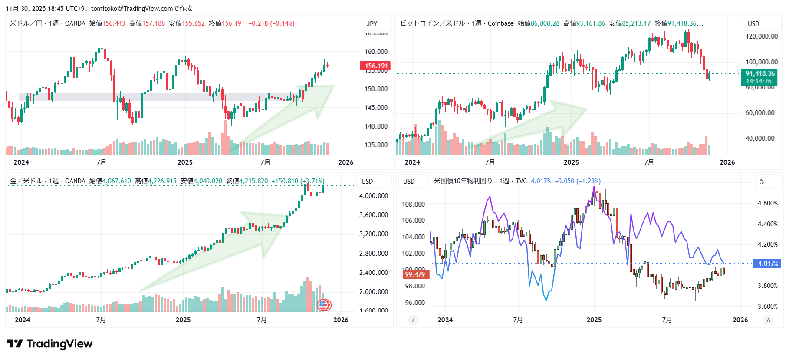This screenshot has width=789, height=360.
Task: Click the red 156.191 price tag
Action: click(x=375, y=66)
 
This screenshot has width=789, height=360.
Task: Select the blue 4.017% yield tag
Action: click(x=768, y=264)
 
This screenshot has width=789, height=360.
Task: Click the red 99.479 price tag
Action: click(x=414, y=274)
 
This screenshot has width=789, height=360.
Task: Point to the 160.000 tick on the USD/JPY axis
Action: click(x=376, y=51)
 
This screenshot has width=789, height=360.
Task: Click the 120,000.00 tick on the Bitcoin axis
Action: click(x=762, y=36)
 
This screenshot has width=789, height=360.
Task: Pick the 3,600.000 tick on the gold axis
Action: click(x=373, y=215)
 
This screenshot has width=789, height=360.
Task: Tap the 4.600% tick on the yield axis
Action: click(x=767, y=203)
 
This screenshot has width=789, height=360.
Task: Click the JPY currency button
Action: click(x=372, y=24)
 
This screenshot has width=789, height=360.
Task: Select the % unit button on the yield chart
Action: click(x=762, y=182)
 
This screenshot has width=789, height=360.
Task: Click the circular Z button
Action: click(x=413, y=320)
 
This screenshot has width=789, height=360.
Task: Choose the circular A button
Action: click(x=768, y=320)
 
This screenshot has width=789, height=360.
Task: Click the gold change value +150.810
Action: click(x=285, y=181)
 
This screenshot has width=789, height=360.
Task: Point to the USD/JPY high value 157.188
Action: click(x=154, y=23)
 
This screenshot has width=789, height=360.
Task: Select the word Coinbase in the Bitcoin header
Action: click(x=500, y=23)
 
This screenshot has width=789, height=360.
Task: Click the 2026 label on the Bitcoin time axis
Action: click(x=727, y=162)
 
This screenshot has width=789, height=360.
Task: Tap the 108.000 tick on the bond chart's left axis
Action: click(x=413, y=205)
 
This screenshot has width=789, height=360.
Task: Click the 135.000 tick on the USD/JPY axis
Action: click(x=376, y=145)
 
